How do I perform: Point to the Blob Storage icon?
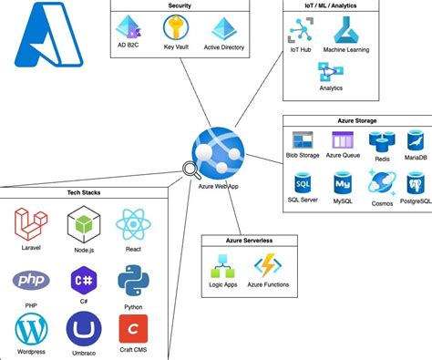click(x=303, y=140)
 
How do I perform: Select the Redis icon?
click(x=380, y=140)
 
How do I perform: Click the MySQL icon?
click(x=343, y=181)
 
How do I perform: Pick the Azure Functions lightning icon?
click(x=270, y=267)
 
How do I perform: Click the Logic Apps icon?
click(x=224, y=268)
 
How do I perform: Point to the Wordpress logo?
click(x=30, y=328)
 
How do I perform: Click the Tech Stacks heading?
click(x=84, y=192)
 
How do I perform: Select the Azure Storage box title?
click(x=356, y=120)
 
